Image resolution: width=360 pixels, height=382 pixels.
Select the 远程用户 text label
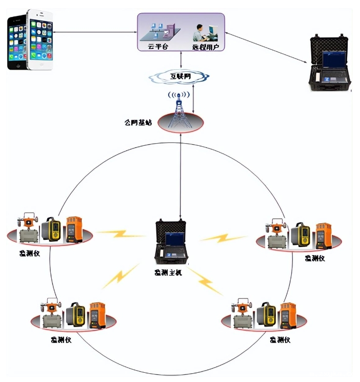pyautogui.click(x=205, y=47)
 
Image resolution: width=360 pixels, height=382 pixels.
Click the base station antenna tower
pyautogui.click(x=179, y=110)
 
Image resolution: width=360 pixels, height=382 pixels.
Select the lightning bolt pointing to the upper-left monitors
pyautogui.click(x=122, y=234)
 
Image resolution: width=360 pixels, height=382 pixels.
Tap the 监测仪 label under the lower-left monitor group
pyautogui.click(x=61, y=339)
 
